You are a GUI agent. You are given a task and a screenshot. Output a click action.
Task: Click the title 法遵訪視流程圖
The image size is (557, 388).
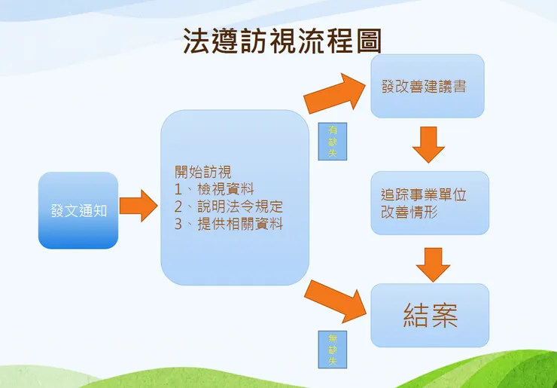tap(282, 41)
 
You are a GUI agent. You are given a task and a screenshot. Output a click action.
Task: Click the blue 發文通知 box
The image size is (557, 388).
tap(78, 210)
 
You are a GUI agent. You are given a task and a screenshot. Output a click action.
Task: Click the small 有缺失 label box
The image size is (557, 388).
tap(333, 142)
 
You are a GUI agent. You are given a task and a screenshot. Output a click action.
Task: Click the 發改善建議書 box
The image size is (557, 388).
tap(427, 86)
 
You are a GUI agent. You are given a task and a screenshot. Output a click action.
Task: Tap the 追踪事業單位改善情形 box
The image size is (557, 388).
tap(429, 203)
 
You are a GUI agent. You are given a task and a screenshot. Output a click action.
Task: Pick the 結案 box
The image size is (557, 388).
tap(430, 315)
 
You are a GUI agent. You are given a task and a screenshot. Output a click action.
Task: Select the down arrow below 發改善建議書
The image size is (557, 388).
tap(428, 144)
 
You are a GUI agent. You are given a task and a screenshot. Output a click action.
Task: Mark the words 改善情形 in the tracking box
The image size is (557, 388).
tap(409, 212)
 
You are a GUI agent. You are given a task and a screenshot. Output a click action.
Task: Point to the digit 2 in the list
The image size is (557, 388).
tap(179, 206)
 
